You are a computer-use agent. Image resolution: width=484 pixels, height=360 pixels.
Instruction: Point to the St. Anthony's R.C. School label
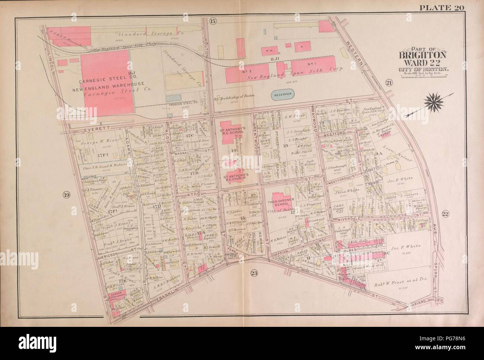(x=234, y=132)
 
